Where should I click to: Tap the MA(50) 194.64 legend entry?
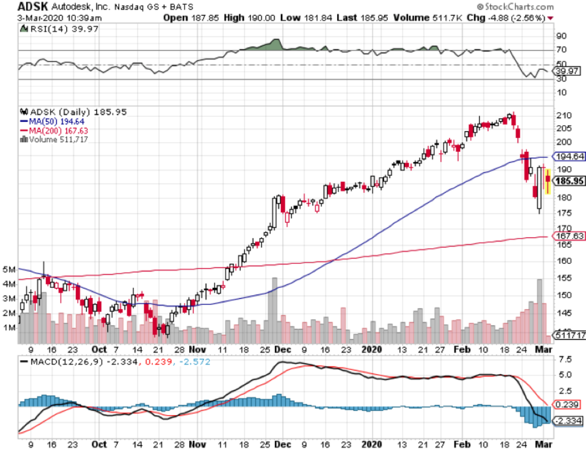point(48,120)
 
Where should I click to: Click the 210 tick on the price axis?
point(564,116)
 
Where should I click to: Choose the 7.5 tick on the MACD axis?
point(565,359)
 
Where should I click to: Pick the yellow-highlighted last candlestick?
point(547,180)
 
